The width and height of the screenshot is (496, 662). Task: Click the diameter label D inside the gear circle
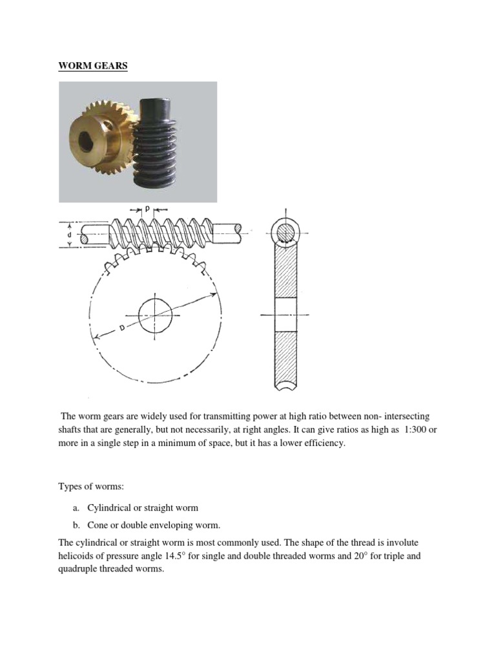click(x=121, y=328)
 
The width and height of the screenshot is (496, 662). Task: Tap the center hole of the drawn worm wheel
click(x=155, y=315)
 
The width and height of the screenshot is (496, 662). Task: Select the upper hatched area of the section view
click(x=285, y=272)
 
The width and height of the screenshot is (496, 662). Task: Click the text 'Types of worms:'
click(x=90, y=486)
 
